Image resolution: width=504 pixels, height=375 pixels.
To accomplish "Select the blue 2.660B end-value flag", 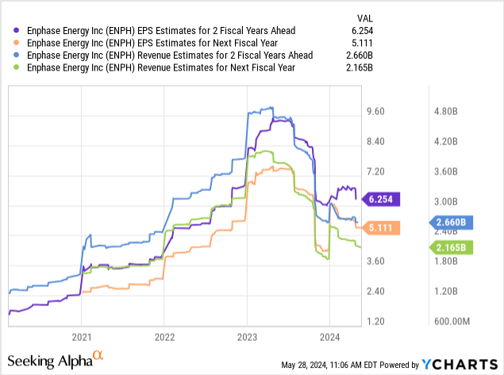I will click(452, 223).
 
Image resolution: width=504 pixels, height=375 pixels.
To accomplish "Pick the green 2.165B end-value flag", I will click(452, 248).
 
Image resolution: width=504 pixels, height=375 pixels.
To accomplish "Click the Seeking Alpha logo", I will click(56, 361).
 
